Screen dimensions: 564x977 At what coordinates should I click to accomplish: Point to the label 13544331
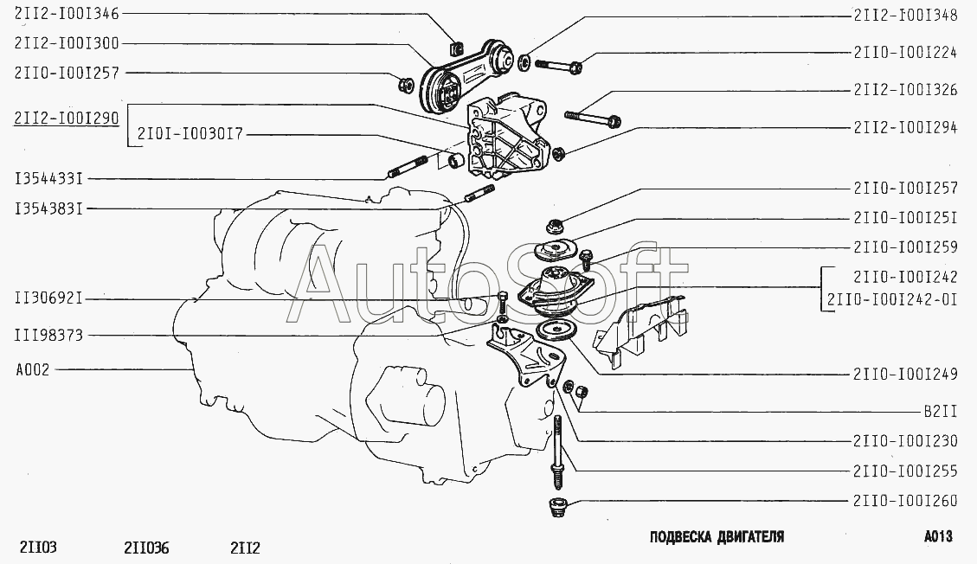(x=48, y=179)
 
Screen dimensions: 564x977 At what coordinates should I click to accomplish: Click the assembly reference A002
(x=33, y=369)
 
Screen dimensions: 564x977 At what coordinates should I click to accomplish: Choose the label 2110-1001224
(x=904, y=52)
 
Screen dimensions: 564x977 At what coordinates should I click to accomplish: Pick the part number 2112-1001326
(x=904, y=89)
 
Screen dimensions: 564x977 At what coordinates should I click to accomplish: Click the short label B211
(x=939, y=412)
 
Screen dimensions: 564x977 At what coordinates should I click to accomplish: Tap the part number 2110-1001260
(x=904, y=500)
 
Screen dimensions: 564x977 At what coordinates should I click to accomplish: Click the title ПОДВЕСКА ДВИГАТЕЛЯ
(x=717, y=537)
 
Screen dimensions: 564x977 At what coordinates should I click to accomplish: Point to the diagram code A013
(x=937, y=537)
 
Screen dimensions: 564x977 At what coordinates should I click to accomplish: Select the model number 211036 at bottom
(x=146, y=548)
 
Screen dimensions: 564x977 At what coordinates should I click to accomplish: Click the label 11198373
(x=49, y=336)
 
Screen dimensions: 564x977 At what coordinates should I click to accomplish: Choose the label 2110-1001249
(x=904, y=375)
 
